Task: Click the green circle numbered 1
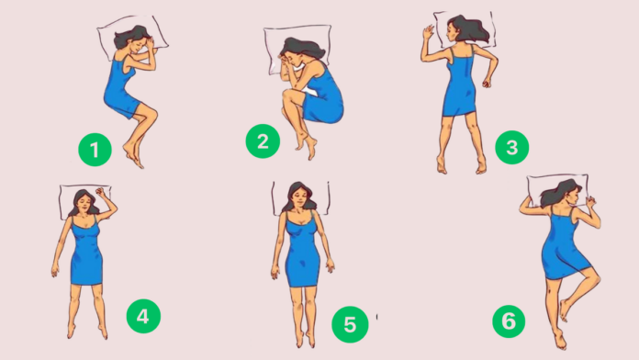pos(95,150)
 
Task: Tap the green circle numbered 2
pos(263,141)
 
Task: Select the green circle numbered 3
pos(512,147)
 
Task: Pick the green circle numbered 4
pos(143,316)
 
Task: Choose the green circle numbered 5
pos(350,324)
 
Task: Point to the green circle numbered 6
pos(509,321)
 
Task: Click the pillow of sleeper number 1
pos(132,38)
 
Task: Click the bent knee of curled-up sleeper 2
pos(287,96)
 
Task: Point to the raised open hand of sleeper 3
pos(428,32)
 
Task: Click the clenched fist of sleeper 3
pos(487,84)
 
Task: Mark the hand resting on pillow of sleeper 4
pos(101,193)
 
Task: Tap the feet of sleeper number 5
pos(305,338)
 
